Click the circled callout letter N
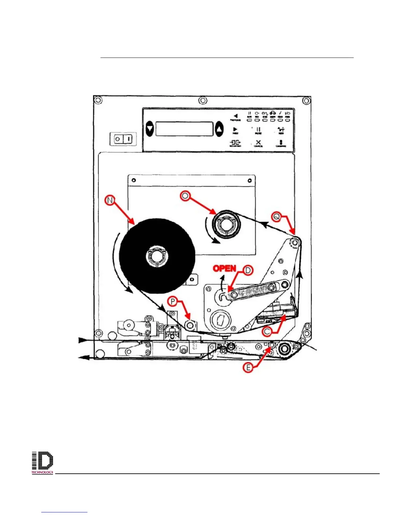click(110, 200)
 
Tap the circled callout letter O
click(185, 196)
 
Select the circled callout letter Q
click(277, 217)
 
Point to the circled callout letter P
click(173, 302)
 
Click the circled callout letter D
click(248, 270)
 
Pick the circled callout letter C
click(267, 332)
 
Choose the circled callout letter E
click(248, 367)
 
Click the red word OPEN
click(224, 269)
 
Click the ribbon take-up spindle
click(226, 225)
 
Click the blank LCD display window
click(184, 129)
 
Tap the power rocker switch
click(123, 139)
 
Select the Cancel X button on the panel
click(258, 143)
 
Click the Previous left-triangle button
click(235, 116)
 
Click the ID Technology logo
click(42, 463)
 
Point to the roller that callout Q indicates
click(295, 243)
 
